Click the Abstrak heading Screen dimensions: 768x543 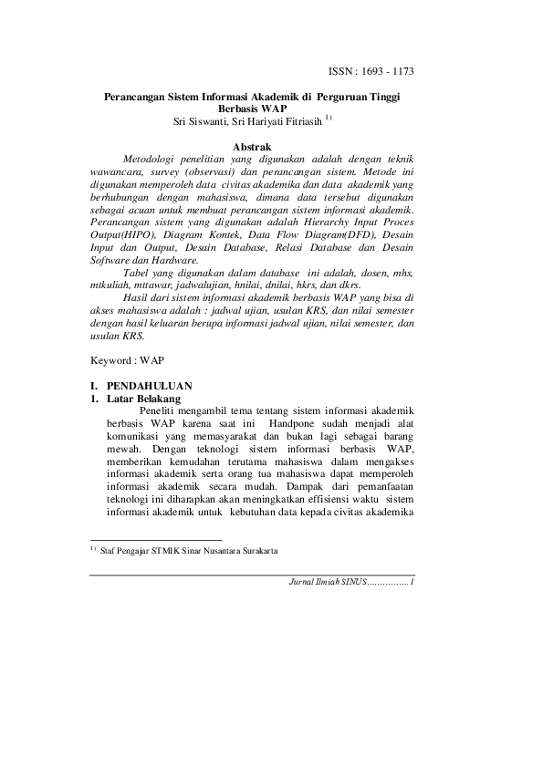pos(251,146)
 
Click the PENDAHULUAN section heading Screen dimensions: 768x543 pos(151,386)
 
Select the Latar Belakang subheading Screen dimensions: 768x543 pos(143,399)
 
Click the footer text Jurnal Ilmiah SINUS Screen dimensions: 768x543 pos(326,582)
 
